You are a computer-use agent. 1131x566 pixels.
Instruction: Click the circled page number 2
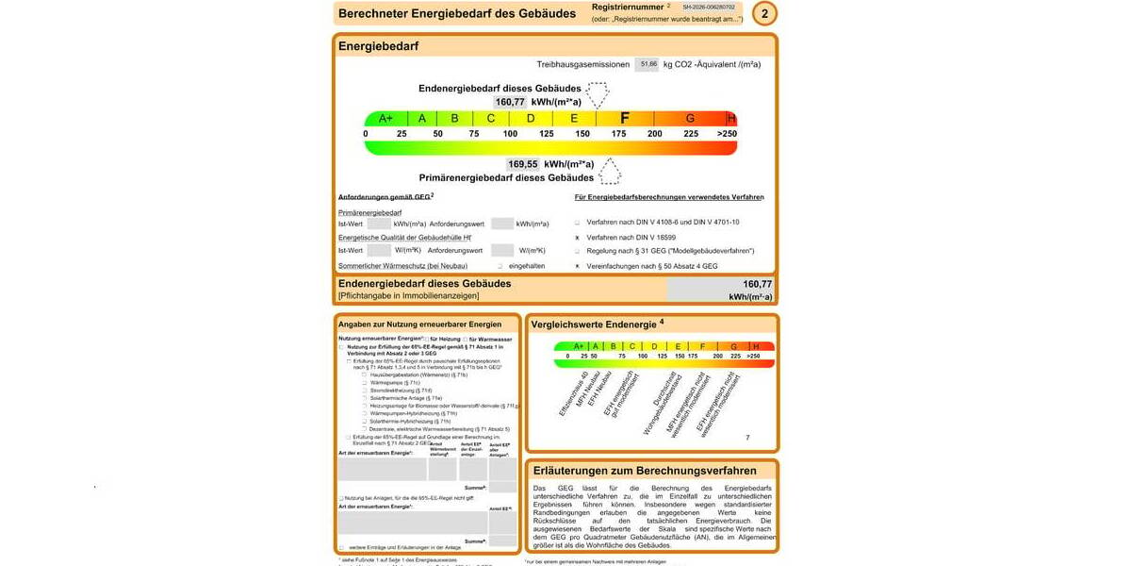(x=765, y=13)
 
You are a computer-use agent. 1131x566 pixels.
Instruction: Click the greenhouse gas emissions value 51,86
(x=647, y=64)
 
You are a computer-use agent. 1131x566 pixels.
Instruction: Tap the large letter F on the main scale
(x=624, y=118)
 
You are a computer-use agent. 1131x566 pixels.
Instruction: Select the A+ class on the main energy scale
(x=385, y=118)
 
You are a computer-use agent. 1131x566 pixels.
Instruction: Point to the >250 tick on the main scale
(x=727, y=134)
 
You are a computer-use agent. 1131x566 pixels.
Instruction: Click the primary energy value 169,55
(x=522, y=164)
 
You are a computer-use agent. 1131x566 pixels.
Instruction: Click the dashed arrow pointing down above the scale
(x=596, y=94)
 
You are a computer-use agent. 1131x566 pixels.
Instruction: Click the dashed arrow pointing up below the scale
(x=611, y=171)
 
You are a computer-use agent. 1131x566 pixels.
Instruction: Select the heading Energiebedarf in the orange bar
(x=378, y=46)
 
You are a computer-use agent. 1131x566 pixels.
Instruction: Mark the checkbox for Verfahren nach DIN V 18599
(x=577, y=237)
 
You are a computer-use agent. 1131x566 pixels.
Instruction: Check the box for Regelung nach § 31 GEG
(x=577, y=251)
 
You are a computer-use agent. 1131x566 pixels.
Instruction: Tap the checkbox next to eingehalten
(x=500, y=266)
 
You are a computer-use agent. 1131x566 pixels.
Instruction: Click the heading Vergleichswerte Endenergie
(x=598, y=325)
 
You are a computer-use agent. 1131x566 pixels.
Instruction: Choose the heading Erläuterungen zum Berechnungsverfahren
(x=645, y=470)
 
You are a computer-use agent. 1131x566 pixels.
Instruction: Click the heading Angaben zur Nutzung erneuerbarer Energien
(x=419, y=325)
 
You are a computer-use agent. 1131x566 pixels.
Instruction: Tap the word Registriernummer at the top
(x=628, y=7)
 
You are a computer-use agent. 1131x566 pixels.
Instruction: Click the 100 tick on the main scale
(x=510, y=134)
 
